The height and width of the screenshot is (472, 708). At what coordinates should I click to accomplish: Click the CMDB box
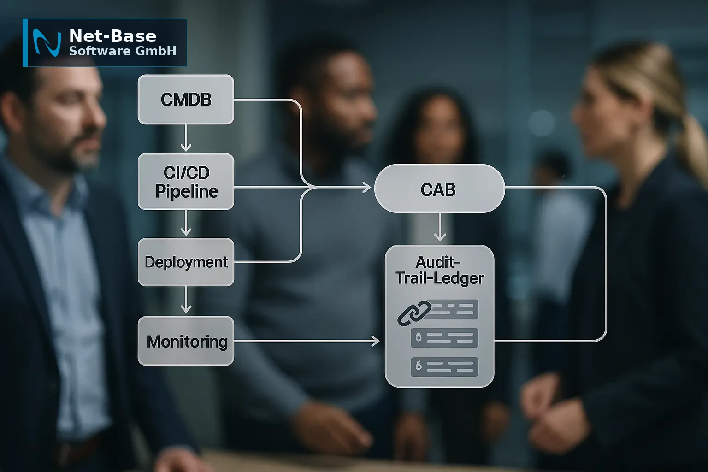[186, 99]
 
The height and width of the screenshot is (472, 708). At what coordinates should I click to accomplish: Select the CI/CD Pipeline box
[186, 182]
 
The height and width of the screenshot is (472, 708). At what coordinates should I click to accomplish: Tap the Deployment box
[186, 262]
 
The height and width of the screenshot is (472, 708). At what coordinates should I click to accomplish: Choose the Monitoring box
[186, 341]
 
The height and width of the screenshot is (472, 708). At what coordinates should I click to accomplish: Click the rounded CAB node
[439, 189]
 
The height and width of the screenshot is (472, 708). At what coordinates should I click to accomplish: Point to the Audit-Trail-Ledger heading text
[440, 270]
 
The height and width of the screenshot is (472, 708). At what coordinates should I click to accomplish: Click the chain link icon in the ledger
[414, 313]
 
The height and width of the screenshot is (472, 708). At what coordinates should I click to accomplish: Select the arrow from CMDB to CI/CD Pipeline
[186, 138]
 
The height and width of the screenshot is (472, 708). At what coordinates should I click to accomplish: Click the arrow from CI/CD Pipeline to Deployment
[186, 223]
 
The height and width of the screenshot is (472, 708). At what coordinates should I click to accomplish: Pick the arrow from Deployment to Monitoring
[186, 300]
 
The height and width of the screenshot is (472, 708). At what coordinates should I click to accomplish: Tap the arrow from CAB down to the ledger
[440, 227]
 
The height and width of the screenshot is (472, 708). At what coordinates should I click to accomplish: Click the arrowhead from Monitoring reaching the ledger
[376, 341]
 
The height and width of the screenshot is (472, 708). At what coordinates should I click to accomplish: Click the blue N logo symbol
[47, 43]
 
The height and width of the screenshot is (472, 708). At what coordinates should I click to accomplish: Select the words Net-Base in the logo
[112, 36]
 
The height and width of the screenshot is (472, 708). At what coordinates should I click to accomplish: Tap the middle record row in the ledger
[444, 338]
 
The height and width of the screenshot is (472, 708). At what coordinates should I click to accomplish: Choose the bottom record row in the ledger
[444, 367]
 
